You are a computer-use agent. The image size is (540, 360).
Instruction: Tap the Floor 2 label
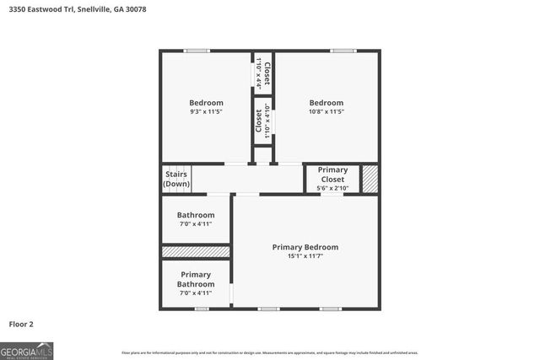21,323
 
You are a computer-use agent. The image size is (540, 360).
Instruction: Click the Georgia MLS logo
27,350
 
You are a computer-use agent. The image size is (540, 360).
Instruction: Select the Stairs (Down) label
176,179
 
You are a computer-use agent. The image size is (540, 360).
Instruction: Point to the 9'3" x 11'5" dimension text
206,111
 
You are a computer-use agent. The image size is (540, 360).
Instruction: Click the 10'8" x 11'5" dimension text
326,111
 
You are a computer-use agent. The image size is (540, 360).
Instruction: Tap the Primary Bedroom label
305,247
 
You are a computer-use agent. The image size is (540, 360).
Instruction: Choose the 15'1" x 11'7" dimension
305,256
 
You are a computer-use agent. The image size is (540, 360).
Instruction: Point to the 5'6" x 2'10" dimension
332,188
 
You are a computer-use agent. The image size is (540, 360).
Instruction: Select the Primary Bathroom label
195,279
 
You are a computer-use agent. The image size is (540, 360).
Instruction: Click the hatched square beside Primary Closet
370,179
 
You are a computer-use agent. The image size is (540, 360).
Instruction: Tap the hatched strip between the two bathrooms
195,251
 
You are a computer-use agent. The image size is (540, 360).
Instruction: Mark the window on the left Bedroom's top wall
197,51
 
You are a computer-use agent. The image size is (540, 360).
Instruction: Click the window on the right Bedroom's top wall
343,51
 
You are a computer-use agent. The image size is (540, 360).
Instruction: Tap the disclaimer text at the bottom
269,352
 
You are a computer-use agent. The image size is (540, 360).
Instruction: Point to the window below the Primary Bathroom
202,309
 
